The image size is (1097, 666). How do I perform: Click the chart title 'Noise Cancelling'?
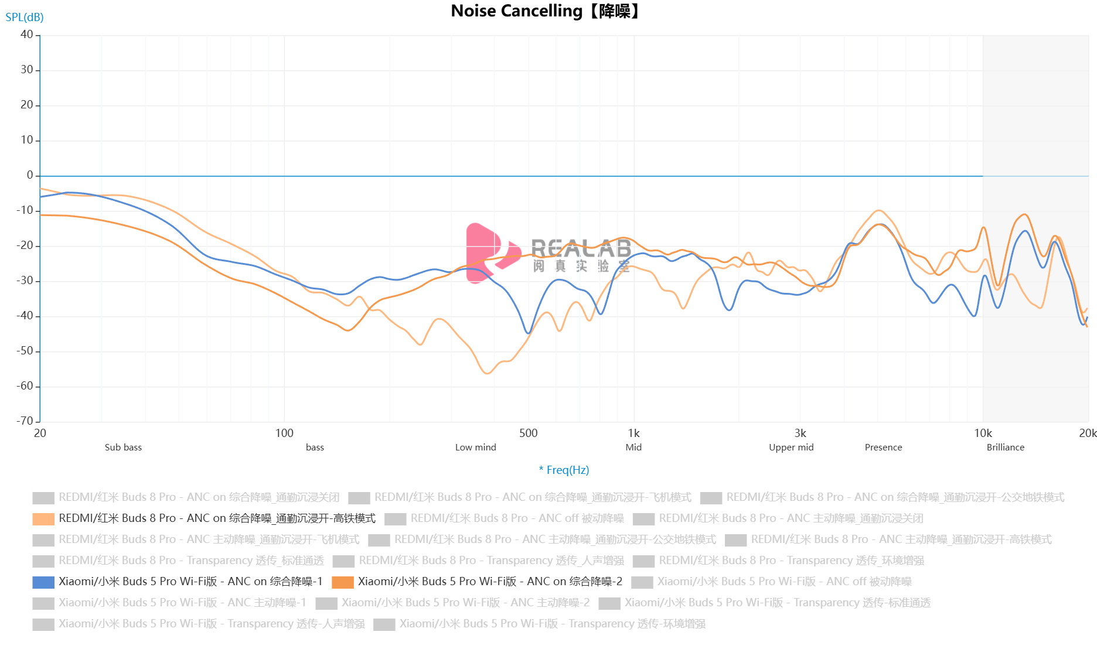(516, 11)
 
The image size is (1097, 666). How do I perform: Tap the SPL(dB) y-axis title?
(25, 17)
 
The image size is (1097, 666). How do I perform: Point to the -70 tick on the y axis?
(25, 421)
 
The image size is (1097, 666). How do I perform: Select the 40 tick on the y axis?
(27, 35)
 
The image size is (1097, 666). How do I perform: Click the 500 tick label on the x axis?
(528, 433)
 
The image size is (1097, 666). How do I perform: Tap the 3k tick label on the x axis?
(800, 433)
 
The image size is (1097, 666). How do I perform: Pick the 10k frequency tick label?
(983, 433)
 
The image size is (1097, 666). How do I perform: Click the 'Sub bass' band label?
(123, 447)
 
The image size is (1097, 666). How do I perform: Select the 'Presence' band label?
(883, 447)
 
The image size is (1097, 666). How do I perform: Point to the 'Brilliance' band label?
(1005, 447)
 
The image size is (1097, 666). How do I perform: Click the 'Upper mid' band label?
(791, 447)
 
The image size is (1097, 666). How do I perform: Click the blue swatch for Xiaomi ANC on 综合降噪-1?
(43, 582)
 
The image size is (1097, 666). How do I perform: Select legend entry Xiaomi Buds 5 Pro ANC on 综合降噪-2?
(490, 582)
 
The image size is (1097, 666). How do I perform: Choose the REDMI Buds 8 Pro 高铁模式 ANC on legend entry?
(217, 518)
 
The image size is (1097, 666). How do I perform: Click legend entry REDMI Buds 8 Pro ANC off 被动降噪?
(517, 518)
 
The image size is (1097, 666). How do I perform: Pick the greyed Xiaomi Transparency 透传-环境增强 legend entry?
(552, 624)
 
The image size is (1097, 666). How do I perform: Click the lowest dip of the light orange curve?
(488, 373)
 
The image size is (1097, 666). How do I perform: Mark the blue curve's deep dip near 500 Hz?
(528, 333)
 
